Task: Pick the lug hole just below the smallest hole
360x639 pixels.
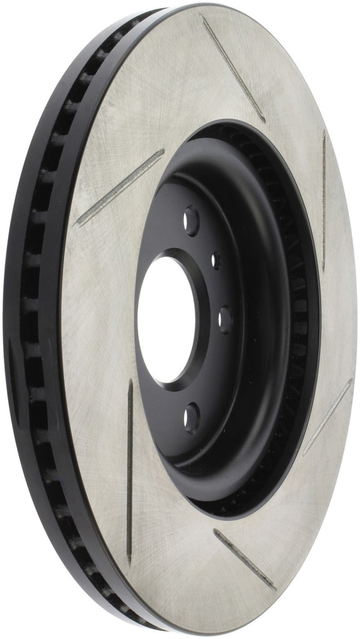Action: point(224,316)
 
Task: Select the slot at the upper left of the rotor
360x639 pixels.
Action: point(119,187)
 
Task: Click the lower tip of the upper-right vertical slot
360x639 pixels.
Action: point(323,270)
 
